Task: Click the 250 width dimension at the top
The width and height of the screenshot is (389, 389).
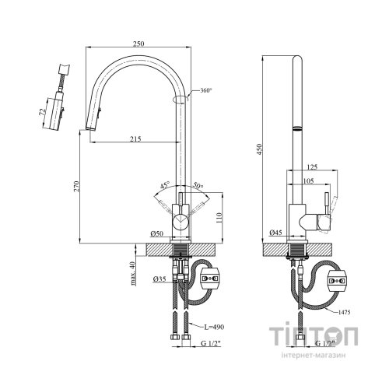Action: click(138, 44)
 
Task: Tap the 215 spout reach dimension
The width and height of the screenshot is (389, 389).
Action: click(135, 139)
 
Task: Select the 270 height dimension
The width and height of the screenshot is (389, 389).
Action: click(76, 186)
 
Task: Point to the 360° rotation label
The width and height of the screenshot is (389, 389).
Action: click(206, 90)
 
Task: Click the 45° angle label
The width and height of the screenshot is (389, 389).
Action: click(165, 185)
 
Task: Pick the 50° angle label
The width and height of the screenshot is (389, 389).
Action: click(198, 185)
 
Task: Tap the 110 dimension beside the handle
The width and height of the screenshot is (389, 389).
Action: click(219, 218)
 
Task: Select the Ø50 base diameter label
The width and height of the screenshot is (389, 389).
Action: click(157, 233)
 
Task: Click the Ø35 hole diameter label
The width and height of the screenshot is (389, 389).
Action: click(159, 279)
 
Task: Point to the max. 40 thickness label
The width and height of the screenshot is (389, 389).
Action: click(133, 274)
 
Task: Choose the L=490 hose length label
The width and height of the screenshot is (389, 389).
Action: click(214, 327)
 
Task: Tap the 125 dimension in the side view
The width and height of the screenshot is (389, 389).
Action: click(312, 166)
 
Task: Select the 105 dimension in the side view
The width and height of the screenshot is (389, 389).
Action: click(308, 180)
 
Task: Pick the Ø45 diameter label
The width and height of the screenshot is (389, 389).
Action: click(276, 233)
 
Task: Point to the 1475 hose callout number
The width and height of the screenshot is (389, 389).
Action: click(344, 312)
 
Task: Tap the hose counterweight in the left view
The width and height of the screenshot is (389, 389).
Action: click(210, 279)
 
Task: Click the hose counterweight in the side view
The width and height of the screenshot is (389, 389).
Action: click(337, 281)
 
